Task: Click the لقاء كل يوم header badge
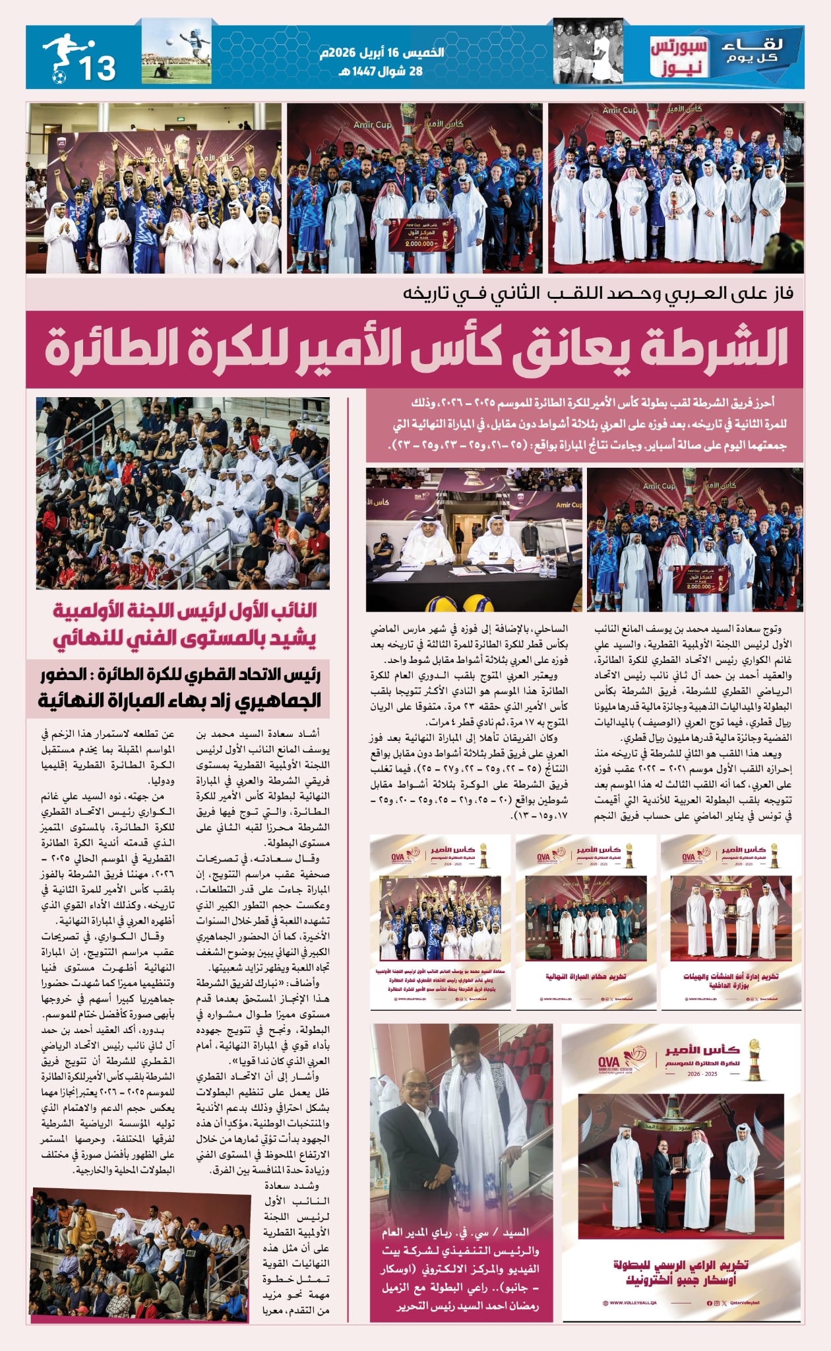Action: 753,52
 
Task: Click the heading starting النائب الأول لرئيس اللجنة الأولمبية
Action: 185,624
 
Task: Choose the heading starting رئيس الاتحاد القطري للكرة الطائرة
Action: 179,687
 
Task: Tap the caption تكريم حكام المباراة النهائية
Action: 586,976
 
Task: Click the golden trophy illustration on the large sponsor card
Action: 753,1059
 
